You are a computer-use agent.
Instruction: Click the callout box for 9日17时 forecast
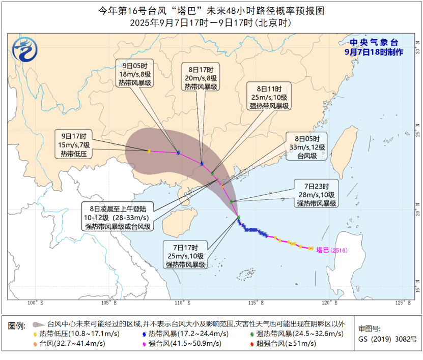pos(73,145)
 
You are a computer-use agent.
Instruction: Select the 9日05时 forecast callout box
pos(135,74)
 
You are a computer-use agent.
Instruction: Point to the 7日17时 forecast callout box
pos(185,256)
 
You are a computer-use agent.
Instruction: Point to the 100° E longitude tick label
pos(34,303)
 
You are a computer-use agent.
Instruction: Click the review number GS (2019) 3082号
pos(387,339)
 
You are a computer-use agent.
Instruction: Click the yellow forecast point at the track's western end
pos(149,151)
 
